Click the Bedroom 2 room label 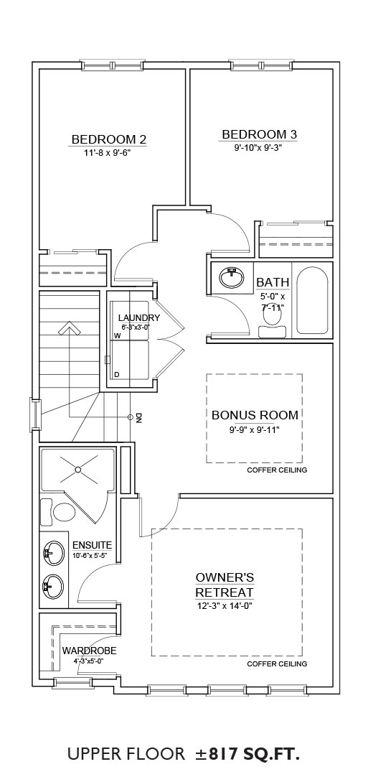pyautogui.click(x=108, y=139)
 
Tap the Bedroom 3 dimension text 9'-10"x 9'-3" pyautogui.click(x=258, y=147)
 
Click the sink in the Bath pyautogui.click(x=232, y=277)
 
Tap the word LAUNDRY pyautogui.click(x=139, y=318)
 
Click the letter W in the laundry pyautogui.click(x=118, y=335)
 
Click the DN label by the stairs pyautogui.click(x=139, y=418)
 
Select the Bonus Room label pyautogui.click(x=255, y=415)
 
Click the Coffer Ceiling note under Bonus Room pyautogui.click(x=277, y=470)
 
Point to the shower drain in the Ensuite pyautogui.click(x=78, y=470)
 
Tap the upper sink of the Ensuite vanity pyautogui.click(x=53, y=553)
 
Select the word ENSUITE pyautogui.click(x=92, y=545)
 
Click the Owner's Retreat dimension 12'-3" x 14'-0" pyautogui.click(x=224, y=607)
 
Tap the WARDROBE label pyautogui.click(x=89, y=651)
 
